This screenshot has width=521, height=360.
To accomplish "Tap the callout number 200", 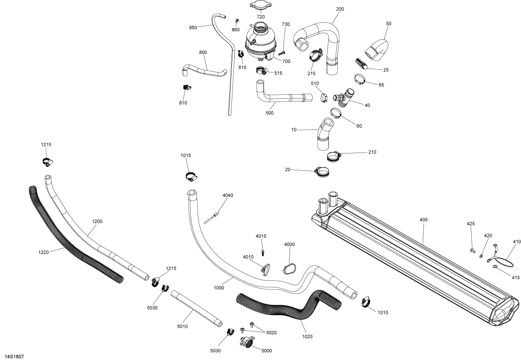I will coord(340,9).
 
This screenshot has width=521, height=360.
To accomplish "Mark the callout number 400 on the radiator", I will coord(424,219).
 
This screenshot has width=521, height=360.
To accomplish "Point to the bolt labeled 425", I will coord(473,249).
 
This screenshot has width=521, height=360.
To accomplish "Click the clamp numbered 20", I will coord(321,172).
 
